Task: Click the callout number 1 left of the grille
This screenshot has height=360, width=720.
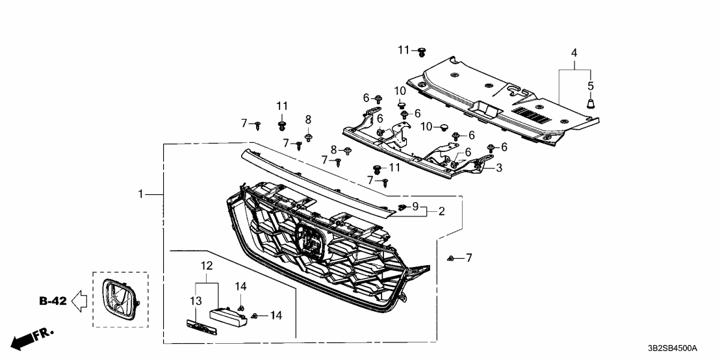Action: [x=140, y=194]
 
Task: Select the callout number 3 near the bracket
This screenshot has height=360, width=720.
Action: [x=499, y=168]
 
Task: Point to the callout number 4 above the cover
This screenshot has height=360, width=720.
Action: [x=574, y=51]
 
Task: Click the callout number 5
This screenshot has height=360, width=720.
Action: [x=590, y=85]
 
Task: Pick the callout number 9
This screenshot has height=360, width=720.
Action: [x=415, y=206]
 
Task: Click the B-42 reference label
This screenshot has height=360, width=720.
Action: [x=53, y=300]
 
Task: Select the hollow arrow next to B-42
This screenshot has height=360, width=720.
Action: [x=79, y=300]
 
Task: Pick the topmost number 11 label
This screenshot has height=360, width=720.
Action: [x=404, y=50]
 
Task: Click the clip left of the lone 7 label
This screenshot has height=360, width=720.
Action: [x=450, y=259]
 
